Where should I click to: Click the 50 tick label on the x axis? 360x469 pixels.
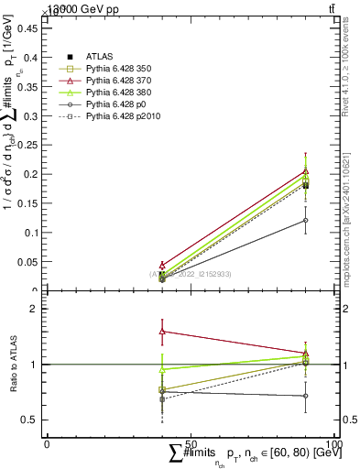pos(191,443)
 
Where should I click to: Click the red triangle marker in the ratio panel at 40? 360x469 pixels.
pos(162,331)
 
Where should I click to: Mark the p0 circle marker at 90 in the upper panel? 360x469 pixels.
pos(305,221)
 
